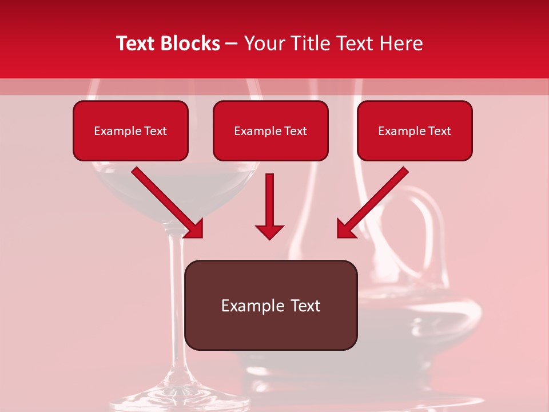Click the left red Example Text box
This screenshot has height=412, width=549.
click(130, 131)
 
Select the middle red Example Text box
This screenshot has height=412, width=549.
click(270, 131)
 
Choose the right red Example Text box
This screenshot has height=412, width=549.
click(415, 131)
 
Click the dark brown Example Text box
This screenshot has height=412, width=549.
click(270, 305)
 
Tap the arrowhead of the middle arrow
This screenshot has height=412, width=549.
click(269, 231)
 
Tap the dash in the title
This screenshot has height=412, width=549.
click(232, 43)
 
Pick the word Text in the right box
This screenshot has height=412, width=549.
click(439, 131)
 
